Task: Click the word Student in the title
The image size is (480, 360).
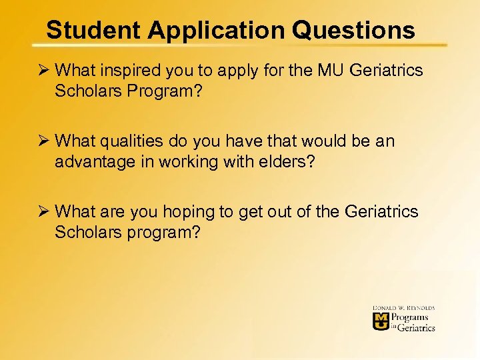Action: point(95,30)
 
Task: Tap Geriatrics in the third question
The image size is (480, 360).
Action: point(382,212)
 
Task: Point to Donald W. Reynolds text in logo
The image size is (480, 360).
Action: point(404,308)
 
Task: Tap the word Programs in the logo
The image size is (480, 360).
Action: point(409,317)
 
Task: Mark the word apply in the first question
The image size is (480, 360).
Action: point(223,71)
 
